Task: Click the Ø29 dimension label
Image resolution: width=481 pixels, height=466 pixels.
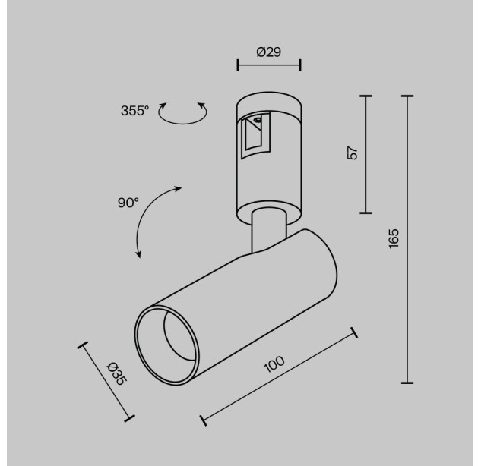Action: (269, 52)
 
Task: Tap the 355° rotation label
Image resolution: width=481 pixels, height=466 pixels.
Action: (134, 111)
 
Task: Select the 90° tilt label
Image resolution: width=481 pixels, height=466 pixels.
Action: (128, 203)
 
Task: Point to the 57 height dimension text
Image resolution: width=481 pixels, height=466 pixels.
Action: (353, 153)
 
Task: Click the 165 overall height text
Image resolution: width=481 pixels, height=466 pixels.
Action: (394, 238)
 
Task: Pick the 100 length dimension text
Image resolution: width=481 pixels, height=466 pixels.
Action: (274, 364)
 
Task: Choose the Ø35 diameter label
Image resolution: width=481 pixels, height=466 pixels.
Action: (116, 373)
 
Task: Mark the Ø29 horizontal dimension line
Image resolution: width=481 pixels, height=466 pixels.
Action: (269, 65)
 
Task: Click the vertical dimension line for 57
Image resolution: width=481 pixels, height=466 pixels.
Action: (365, 154)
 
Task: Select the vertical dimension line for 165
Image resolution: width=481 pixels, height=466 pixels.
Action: (407, 239)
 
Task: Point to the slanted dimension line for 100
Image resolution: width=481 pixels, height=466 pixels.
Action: (279, 376)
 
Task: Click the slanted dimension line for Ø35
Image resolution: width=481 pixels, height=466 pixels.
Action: (106, 382)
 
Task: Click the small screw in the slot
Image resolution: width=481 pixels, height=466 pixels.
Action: (258, 120)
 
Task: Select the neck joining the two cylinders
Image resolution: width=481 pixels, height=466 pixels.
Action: (269, 230)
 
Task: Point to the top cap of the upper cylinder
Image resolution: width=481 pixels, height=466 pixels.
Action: (269, 102)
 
